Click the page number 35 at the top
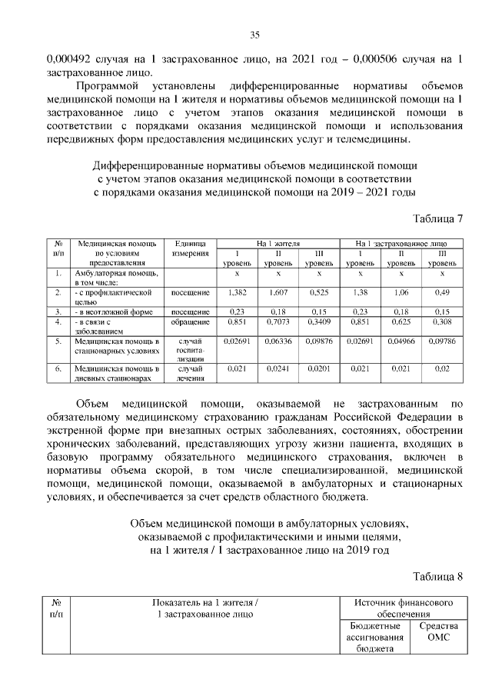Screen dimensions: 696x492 (x=254, y=34)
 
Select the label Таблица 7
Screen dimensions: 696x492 (x=438, y=218)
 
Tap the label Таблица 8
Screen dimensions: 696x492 (x=438, y=576)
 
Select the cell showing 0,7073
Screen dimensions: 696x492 (x=278, y=323)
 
